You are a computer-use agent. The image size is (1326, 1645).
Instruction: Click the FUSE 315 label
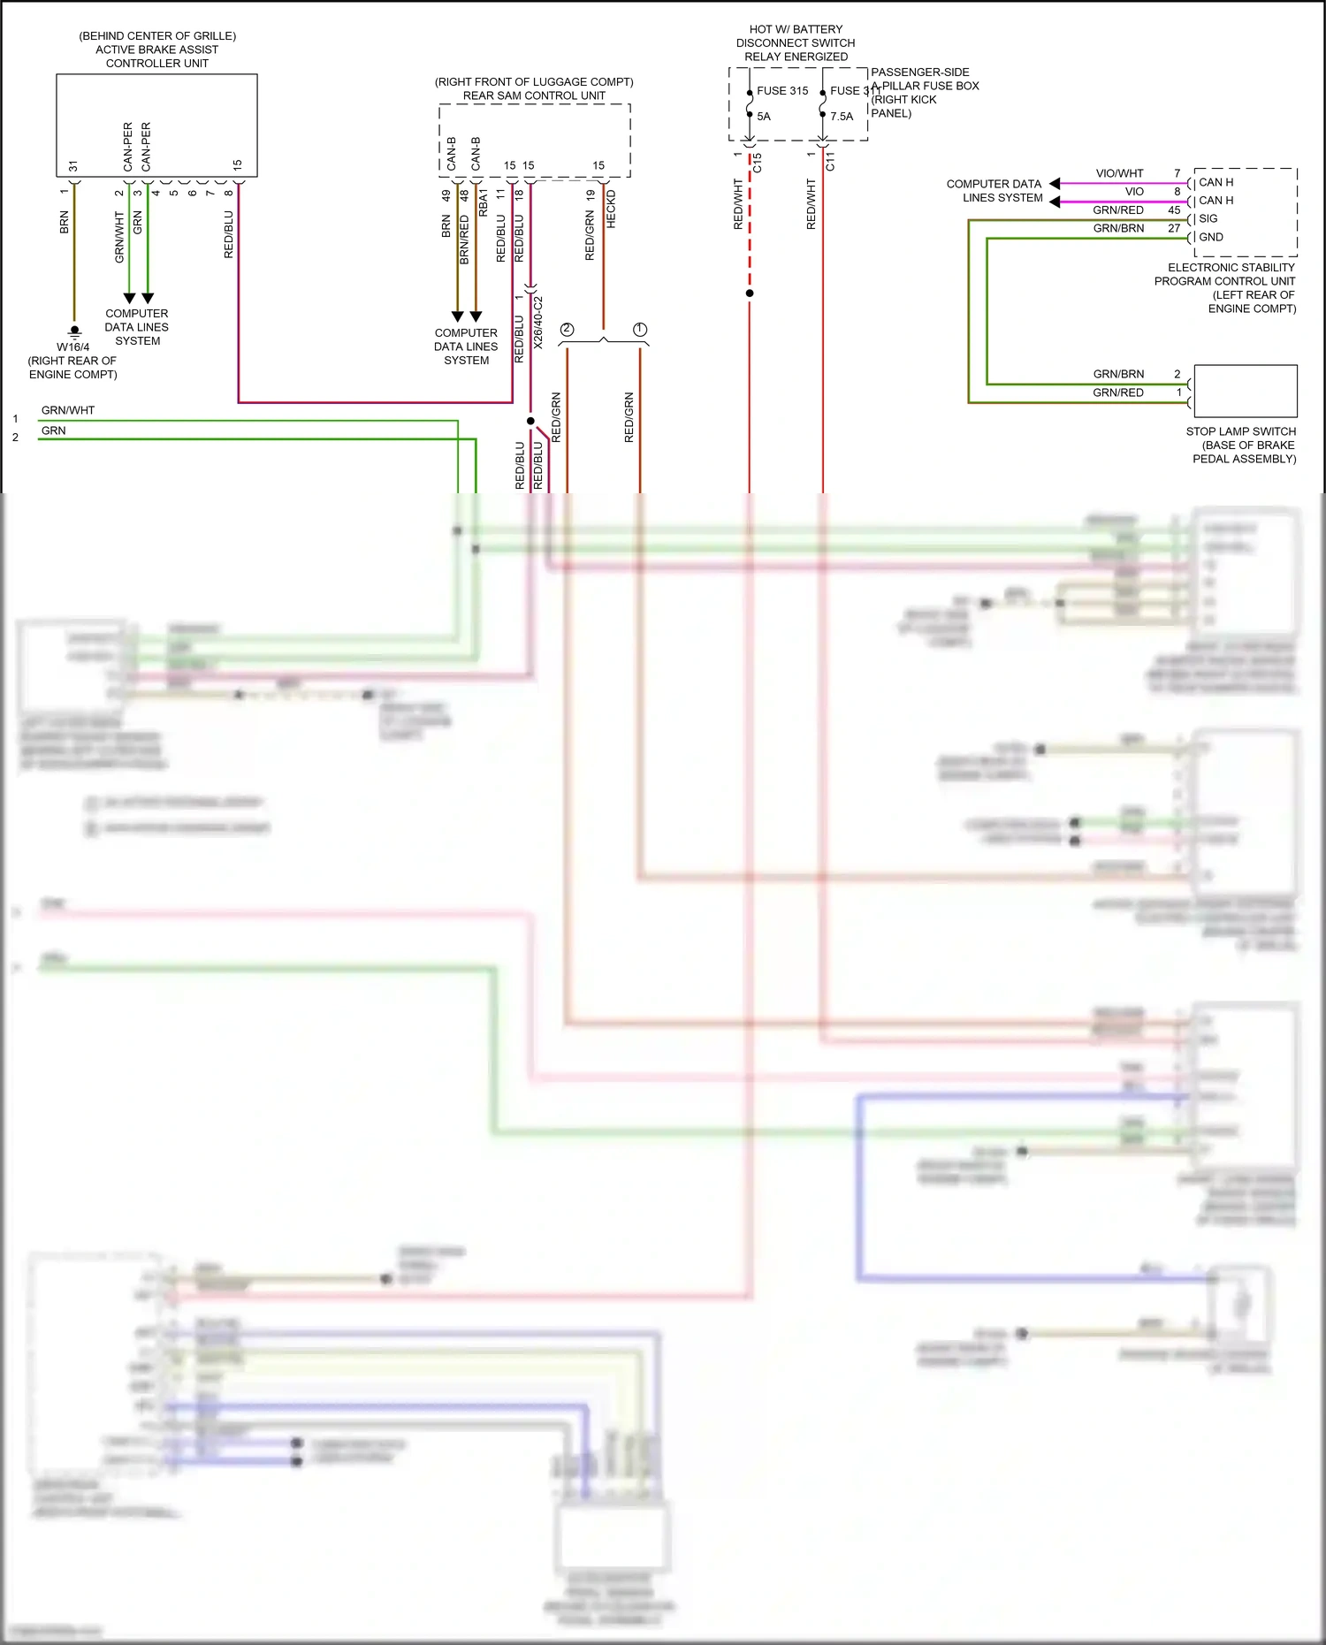pos(781,90)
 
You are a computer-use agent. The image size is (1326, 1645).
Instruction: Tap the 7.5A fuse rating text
pos(842,117)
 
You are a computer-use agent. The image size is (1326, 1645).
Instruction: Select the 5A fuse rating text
pos(764,117)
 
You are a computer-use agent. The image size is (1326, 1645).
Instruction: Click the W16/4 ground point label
pos(72,347)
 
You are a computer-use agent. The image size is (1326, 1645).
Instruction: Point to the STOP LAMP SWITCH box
pos(1245,391)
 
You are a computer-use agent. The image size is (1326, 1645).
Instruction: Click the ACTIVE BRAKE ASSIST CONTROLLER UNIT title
pos(157,50)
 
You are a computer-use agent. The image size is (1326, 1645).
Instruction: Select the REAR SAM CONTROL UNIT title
pos(534,95)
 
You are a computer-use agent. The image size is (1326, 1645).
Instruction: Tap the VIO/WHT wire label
pos(1119,173)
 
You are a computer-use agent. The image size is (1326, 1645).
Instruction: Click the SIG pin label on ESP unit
pos(1208,218)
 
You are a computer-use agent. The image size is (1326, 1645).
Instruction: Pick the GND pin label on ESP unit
pos(1210,237)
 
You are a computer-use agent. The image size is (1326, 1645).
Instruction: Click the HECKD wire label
pos(611,209)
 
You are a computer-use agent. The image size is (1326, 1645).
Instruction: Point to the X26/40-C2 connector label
pos(538,322)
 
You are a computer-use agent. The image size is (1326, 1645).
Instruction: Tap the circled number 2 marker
pos(567,330)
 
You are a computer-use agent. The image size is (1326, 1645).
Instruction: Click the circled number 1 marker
pos(640,330)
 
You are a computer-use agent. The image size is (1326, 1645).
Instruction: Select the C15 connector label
pos(757,163)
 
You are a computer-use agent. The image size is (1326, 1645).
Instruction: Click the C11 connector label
pos(829,162)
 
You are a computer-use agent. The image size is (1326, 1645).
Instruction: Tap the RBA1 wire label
pos(483,202)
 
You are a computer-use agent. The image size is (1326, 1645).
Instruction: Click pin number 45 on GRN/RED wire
pos(1174,210)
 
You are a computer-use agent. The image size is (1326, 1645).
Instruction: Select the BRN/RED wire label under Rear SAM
pos(464,239)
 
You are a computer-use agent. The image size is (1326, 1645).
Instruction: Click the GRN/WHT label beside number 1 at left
pos(68,410)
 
